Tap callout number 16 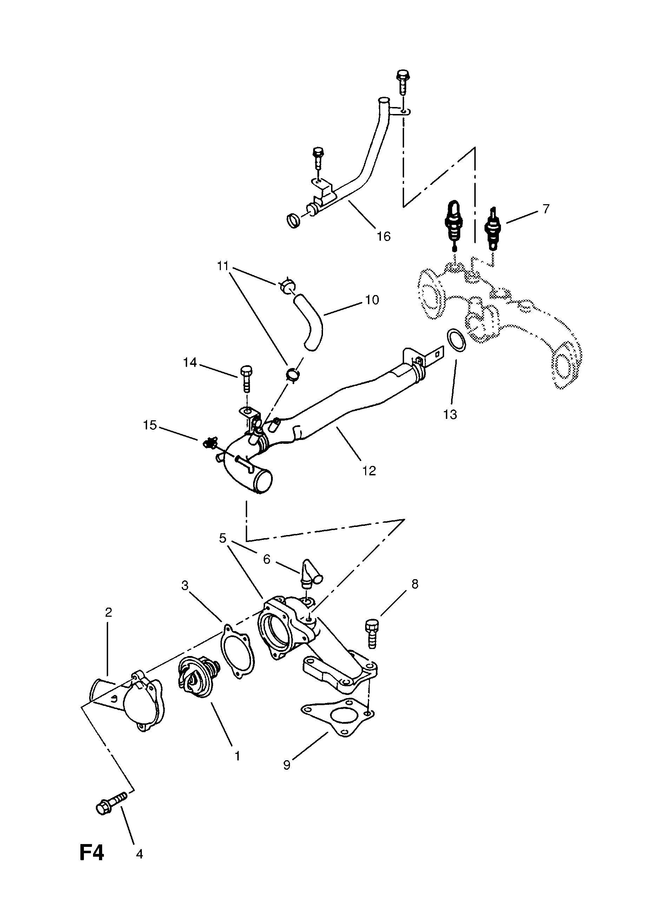pos(383,236)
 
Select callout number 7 pos(546,209)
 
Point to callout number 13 pos(450,414)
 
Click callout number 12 pos(369,470)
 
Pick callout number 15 pos(150,425)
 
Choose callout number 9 pos(286,765)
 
